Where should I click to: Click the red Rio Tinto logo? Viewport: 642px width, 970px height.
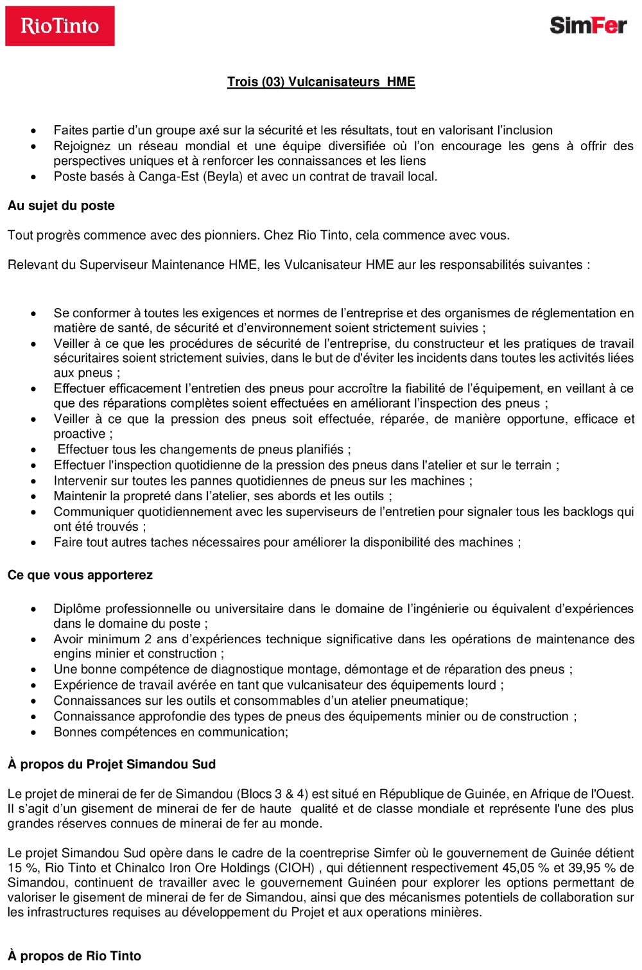click(60, 26)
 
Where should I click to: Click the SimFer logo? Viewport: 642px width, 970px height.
click(587, 26)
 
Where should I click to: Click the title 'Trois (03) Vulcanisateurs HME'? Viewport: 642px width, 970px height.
click(321, 82)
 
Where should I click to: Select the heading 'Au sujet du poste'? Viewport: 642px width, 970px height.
click(61, 206)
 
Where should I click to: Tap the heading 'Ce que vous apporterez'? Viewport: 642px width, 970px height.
click(80, 575)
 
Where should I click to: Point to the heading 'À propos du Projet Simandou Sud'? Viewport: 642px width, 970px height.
click(112, 765)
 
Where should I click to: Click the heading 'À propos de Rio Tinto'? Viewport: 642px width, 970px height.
click(74, 956)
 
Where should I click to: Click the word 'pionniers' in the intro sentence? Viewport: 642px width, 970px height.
click(232, 236)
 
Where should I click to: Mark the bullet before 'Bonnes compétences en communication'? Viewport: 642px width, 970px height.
click(34, 733)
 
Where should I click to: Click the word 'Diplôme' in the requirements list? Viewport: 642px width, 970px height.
click(78, 609)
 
